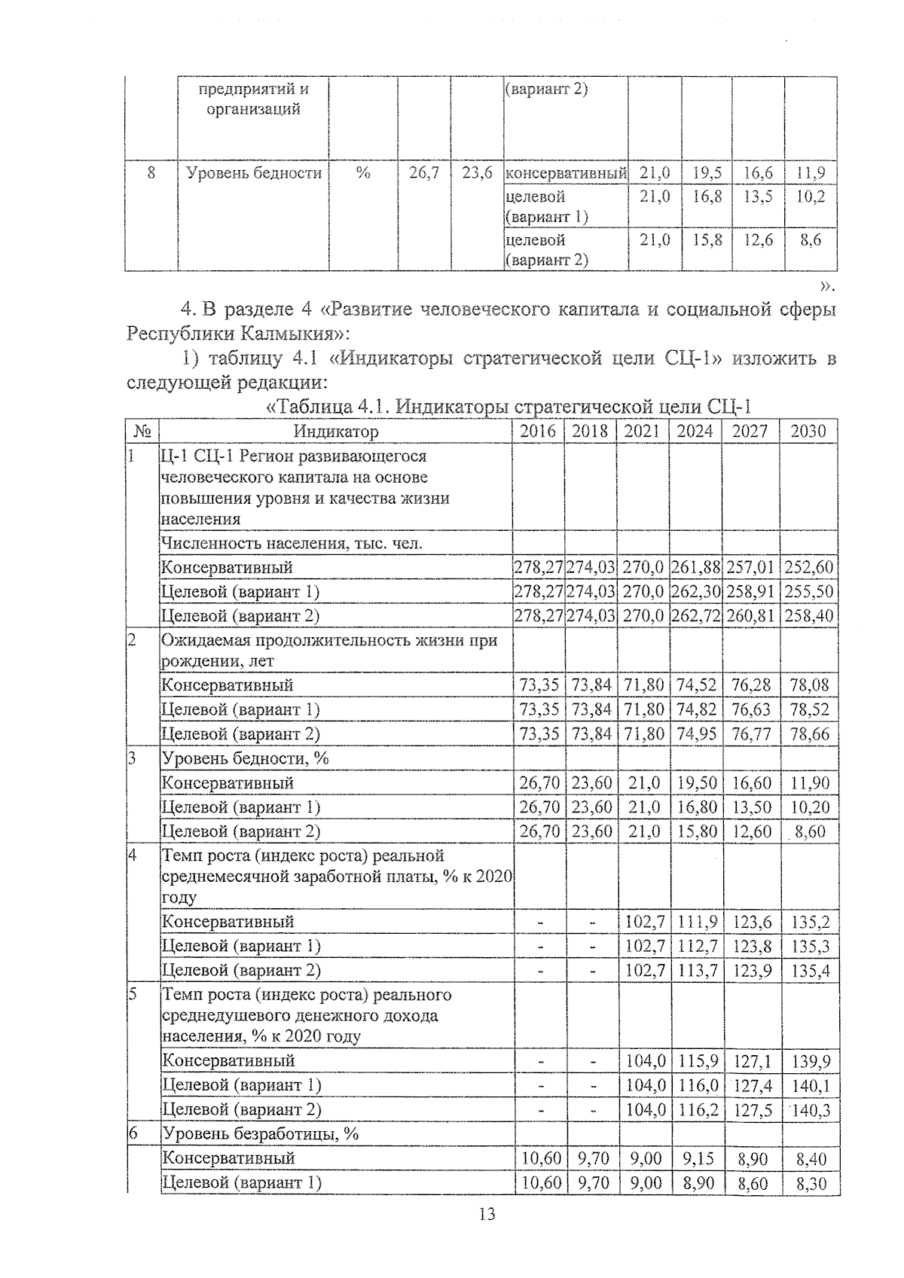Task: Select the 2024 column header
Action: [695, 432]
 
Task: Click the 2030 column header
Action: [808, 432]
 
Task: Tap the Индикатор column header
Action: [336, 432]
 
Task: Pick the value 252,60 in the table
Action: [809, 567]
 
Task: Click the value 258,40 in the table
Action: [809, 615]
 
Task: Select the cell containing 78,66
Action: [809, 734]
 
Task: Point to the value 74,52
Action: [695, 685]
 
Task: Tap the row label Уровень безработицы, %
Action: [261, 1133]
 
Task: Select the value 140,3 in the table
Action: [810, 1109]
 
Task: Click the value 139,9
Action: [810, 1061]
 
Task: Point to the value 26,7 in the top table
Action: [424, 173]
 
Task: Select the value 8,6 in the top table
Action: [811, 239]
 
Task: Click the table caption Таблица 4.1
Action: [328, 407]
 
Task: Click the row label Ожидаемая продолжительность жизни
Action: [330, 641]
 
